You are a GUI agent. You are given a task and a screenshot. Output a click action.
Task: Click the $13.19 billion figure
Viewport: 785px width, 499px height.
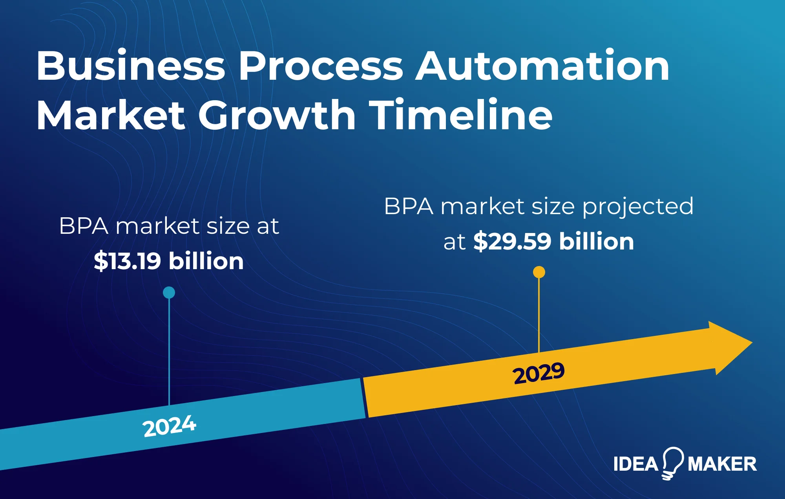pyautogui.click(x=169, y=261)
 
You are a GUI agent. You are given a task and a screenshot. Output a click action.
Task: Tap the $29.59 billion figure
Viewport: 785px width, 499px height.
pyautogui.click(x=553, y=241)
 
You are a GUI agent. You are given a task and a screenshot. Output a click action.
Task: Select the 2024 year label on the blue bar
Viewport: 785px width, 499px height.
pyautogui.click(x=169, y=426)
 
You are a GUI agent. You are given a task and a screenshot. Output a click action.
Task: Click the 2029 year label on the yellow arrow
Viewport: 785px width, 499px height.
pyautogui.click(x=539, y=373)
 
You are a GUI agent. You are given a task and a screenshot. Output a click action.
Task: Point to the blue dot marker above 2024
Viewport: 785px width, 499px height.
pyautogui.click(x=169, y=292)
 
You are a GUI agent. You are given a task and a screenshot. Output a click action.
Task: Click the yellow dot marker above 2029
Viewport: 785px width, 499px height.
pyautogui.click(x=539, y=272)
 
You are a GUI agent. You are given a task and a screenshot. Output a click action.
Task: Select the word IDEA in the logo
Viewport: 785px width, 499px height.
pyautogui.click(x=636, y=464)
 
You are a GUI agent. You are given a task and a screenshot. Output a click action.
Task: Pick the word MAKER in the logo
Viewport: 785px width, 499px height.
pyautogui.click(x=722, y=464)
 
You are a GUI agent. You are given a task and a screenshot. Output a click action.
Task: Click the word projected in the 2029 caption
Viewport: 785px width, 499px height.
pyautogui.click(x=638, y=207)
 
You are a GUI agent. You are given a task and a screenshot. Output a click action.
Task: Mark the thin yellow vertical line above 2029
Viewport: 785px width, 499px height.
pyautogui.click(x=539, y=314)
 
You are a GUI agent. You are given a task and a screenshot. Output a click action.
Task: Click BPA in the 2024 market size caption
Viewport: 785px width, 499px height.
pyautogui.click(x=84, y=226)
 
